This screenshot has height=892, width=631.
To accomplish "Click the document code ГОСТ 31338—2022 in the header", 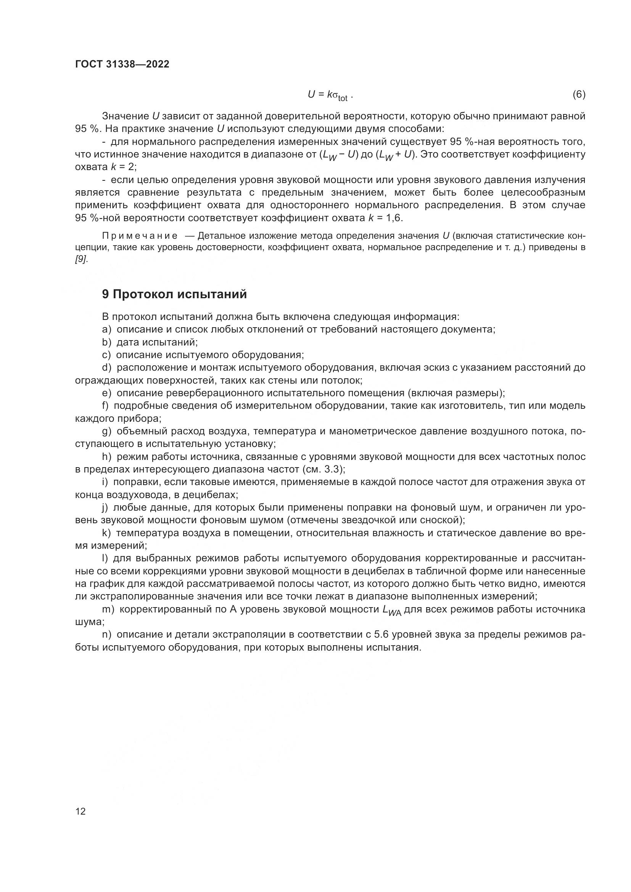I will pos(122,64).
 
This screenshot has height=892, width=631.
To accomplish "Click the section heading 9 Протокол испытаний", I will pos(174,294).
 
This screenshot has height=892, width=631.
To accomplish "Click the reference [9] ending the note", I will pos(81,260).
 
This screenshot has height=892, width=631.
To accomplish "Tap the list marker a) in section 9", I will pos(106,329).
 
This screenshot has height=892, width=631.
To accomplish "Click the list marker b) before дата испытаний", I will pos(106,342).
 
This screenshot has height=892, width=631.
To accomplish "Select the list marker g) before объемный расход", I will pos(106,431).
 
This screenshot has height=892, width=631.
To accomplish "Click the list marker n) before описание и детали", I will pos(106,635).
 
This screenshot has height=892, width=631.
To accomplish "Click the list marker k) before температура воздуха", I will pos(106,533).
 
